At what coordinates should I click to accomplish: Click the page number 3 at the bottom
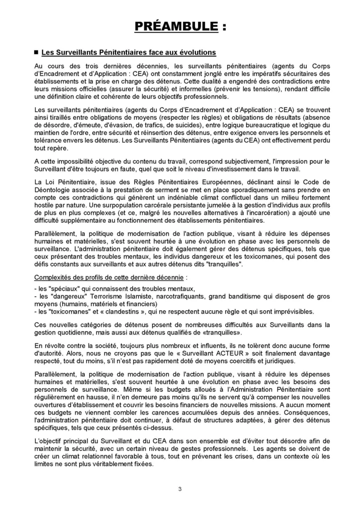click(180, 489)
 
